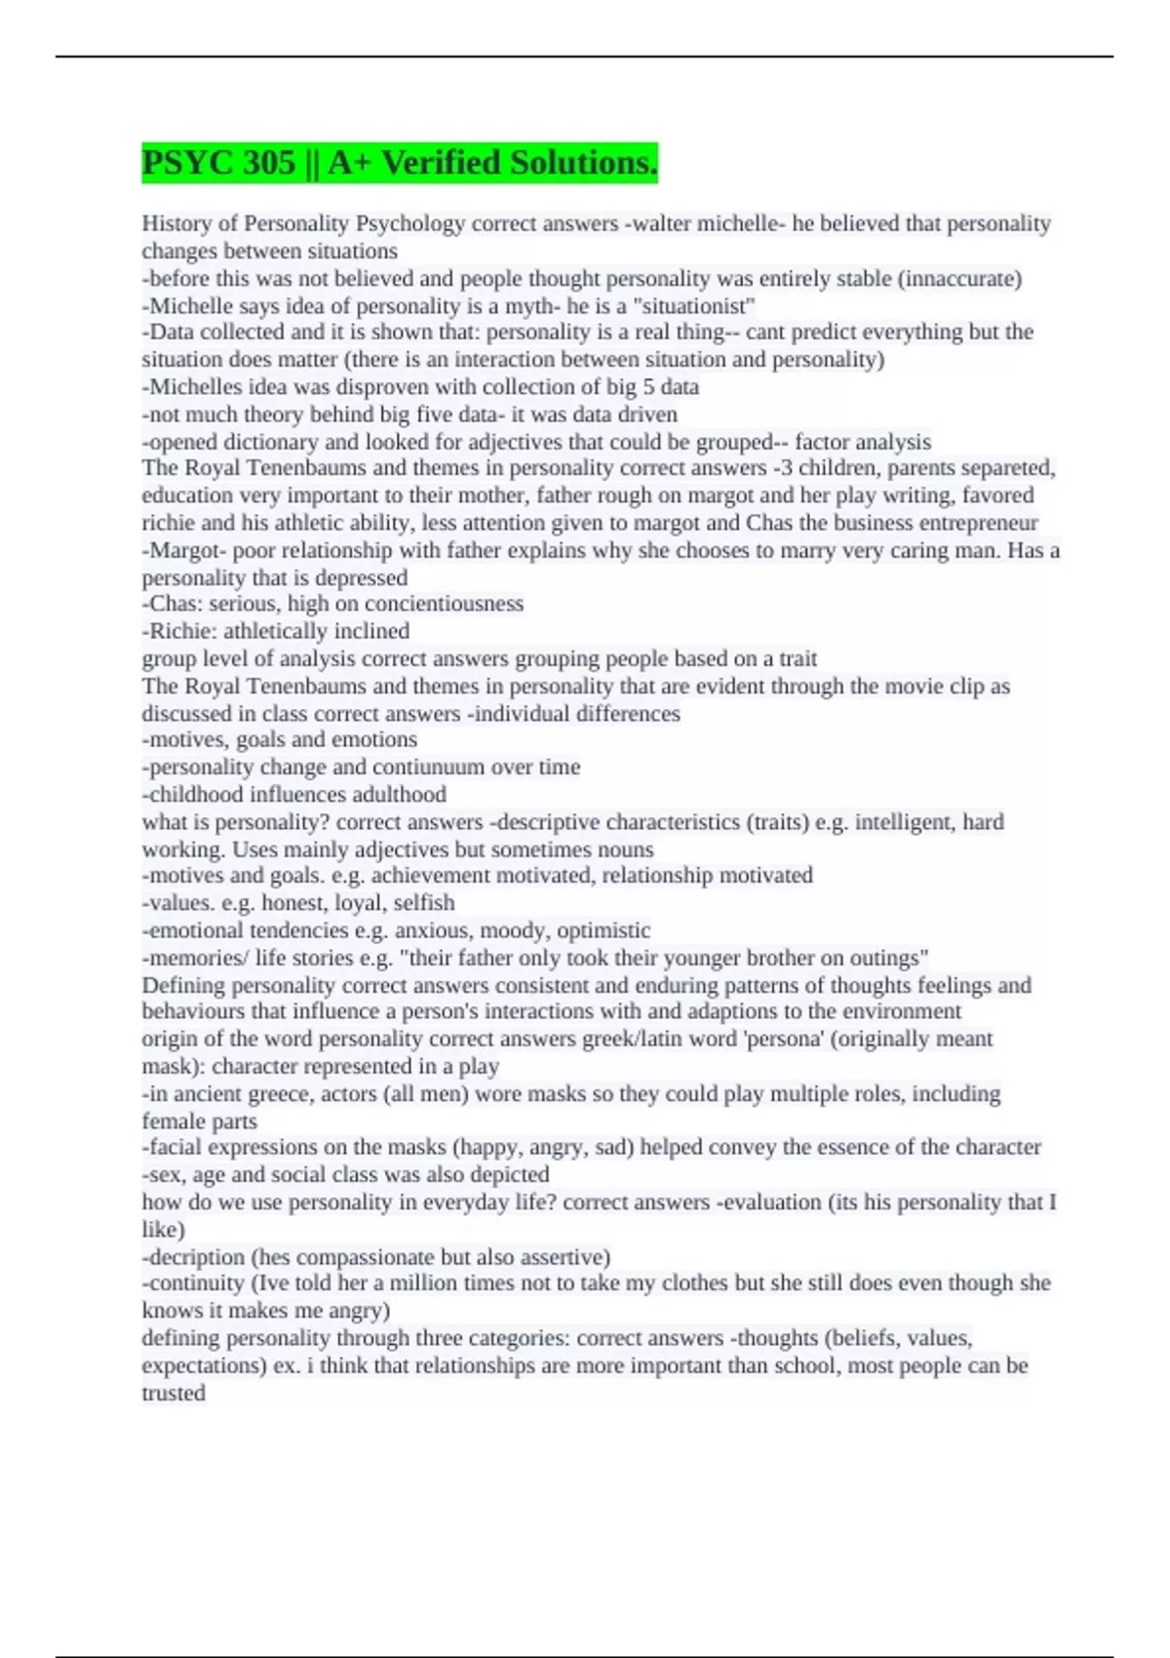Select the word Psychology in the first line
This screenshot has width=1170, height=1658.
410,223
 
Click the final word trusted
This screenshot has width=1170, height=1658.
174,1393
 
